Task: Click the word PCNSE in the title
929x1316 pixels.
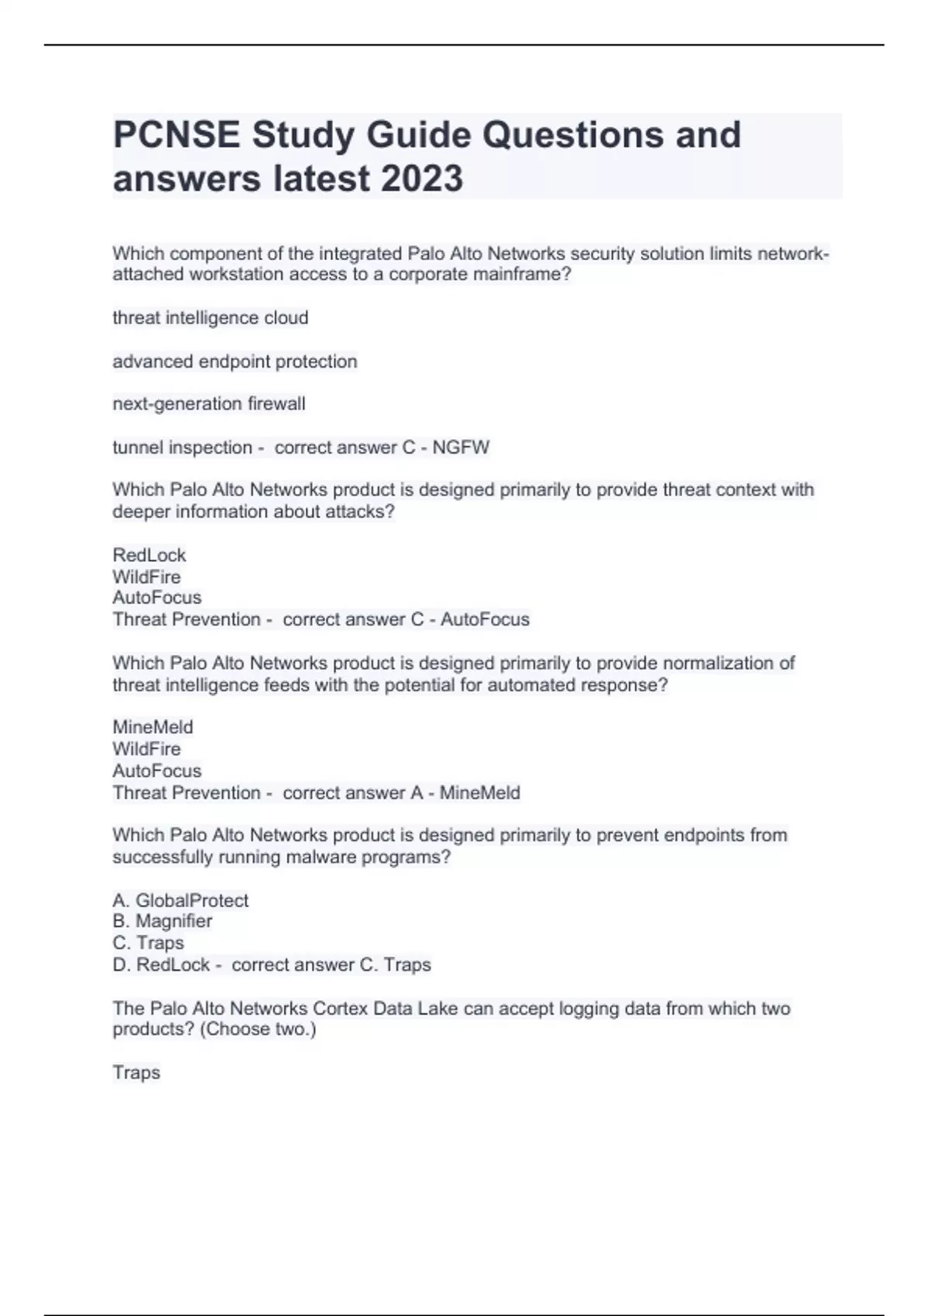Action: click(176, 135)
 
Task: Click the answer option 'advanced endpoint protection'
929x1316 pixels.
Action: click(235, 362)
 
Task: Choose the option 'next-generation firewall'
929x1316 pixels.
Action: click(209, 404)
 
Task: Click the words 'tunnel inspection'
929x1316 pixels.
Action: click(182, 447)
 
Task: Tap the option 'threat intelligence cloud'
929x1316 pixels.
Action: click(210, 318)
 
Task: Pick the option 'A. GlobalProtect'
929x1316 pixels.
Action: click(180, 900)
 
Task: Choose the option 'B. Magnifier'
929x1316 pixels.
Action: click(162, 921)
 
